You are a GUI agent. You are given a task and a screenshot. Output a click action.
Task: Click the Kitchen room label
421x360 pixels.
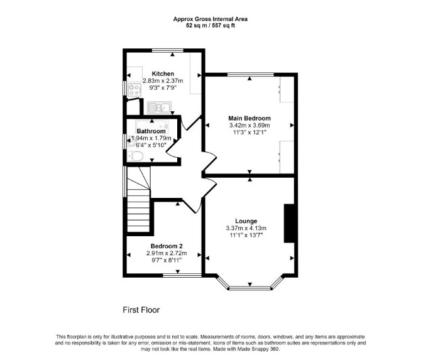(x=163, y=74)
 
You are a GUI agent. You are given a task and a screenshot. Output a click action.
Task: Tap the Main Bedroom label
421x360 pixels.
(x=249, y=118)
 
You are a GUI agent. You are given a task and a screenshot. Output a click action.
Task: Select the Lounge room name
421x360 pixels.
(x=246, y=221)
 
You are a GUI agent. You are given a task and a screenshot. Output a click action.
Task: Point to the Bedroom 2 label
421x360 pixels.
(x=167, y=246)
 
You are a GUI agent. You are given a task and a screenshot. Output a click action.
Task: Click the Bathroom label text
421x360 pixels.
(x=151, y=131)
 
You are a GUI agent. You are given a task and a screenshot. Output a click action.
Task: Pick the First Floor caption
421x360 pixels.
(x=141, y=310)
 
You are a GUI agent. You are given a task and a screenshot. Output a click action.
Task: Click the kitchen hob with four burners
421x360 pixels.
(x=134, y=89)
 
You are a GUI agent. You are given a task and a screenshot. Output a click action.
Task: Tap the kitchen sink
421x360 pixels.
(x=159, y=107)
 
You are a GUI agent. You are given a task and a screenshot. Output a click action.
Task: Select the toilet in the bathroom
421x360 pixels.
(x=135, y=156)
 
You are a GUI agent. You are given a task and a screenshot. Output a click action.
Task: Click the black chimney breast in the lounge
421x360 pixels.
(x=289, y=224)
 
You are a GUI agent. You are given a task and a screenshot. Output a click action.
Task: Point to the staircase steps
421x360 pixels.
(x=138, y=199)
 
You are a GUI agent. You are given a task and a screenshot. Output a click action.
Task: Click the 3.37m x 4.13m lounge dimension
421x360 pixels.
(x=246, y=229)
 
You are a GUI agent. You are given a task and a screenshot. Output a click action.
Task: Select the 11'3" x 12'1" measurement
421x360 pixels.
(x=249, y=133)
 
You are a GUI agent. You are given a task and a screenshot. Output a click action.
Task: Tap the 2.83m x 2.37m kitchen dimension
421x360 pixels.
(x=163, y=81)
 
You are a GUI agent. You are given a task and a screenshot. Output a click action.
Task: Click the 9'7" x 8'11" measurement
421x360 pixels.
(x=167, y=260)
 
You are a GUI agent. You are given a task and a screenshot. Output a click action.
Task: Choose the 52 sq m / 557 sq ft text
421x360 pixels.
(x=210, y=26)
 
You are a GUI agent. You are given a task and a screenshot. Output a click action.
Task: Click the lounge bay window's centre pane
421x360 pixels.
(x=250, y=288)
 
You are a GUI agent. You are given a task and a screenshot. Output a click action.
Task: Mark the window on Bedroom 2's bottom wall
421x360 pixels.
(x=182, y=275)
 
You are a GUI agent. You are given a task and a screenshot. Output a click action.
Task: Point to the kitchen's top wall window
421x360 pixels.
(x=168, y=50)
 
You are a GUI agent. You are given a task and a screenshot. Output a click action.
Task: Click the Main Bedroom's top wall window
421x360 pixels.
(x=251, y=74)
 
